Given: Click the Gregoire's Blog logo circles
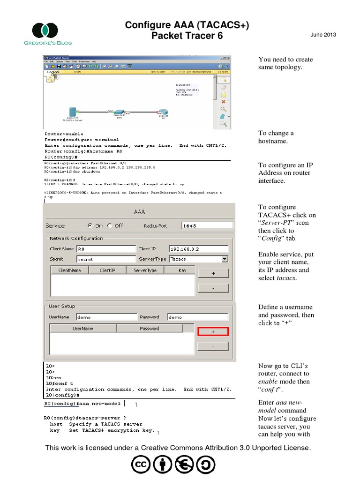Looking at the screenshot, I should (45, 30).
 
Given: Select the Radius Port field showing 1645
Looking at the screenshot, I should (207, 225).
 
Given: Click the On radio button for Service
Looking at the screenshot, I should (90, 225).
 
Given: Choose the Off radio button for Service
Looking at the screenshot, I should (110, 225).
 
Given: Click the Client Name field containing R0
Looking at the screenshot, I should (106, 249).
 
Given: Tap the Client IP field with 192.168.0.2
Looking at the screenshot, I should (198, 249).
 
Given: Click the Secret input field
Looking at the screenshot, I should (106, 259).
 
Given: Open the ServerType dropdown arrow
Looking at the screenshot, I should (225, 259).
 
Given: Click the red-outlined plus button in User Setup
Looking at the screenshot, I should (213, 331).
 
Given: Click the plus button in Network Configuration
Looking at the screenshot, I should (213, 273).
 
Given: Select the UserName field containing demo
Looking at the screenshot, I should (106, 317).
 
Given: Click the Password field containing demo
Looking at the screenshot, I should (197, 317).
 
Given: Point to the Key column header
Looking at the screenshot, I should (182, 270).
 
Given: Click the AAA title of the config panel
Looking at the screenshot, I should (140, 212).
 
